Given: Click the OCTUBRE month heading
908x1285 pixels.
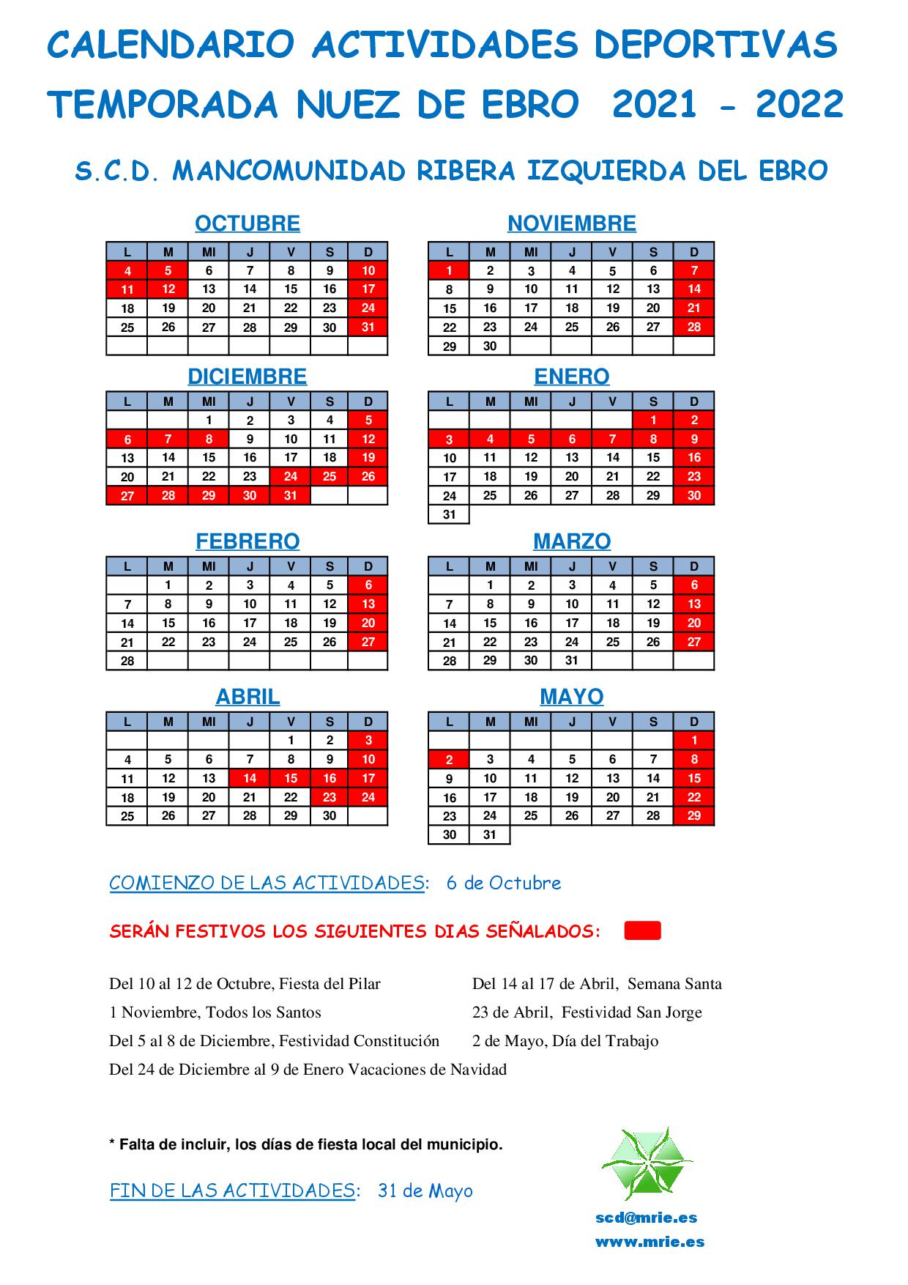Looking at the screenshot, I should pyautogui.click(x=248, y=223).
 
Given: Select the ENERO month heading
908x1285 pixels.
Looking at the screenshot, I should pyautogui.click(x=571, y=377).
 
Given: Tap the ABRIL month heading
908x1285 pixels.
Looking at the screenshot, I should pyautogui.click(x=248, y=697).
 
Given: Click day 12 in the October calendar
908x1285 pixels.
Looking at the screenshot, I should pyautogui.click(x=168, y=289).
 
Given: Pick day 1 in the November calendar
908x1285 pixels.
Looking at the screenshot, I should pyautogui.click(x=450, y=271).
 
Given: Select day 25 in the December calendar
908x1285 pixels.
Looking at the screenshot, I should pyautogui.click(x=330, y=477).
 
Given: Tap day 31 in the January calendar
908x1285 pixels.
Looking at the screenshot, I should pyautogui.click(x=450, y=515).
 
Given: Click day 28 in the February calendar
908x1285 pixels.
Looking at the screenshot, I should pyautogui.click(x=127, y=662).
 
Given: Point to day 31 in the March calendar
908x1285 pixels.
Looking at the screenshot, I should pyautogui.click(x=572, y=661).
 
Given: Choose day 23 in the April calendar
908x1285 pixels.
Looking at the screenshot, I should pyautogui.click(x=330, y=798).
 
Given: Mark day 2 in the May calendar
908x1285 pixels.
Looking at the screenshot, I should pyautogui.click(x=450, y=760).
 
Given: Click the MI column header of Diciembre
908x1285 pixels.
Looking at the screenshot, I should pyautogui.click(x=209, y=401).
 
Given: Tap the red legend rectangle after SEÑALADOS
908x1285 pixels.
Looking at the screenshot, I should pyautogui.click(x=642, y=931).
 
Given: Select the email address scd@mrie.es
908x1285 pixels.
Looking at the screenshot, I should pyautogui.click(x=646, y=1218).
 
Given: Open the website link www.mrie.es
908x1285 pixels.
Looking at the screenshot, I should pyautogui.click(x=650, y=1242).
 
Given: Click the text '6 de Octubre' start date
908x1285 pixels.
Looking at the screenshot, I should pyautogui.click(x=504, y=884).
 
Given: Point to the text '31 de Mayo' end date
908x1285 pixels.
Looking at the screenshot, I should pyautogui.click(x=425, y=1191).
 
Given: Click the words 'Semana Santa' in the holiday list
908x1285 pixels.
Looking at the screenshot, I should pyautogui.click(x=674, y=984).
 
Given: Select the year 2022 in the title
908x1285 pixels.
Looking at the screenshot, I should pyautogui.click(x=800, y=105).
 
